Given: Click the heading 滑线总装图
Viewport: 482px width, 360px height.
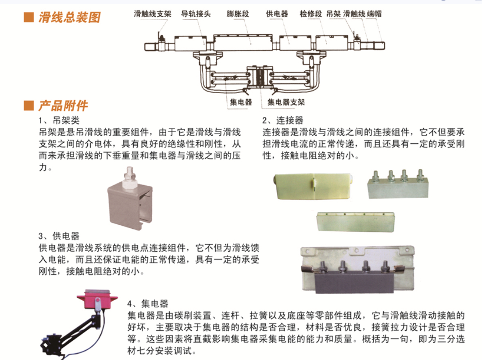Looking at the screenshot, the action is [69, 17].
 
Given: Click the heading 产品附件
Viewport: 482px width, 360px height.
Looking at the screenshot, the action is [63, 105].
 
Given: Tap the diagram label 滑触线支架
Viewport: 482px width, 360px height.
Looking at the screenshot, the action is [153, 14].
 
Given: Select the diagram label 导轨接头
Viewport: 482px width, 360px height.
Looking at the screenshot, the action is [196, 14].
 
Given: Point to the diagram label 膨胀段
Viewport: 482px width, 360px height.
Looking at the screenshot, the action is [238, 14].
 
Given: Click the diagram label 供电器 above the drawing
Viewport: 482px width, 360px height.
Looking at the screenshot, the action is [277, 14].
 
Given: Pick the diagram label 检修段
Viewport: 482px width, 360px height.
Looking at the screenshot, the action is [311, 14].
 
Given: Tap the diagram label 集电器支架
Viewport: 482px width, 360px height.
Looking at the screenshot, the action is [286, 102].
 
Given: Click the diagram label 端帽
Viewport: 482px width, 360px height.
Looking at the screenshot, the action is [374, 14].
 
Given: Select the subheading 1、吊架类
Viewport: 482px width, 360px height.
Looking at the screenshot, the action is [59, 120].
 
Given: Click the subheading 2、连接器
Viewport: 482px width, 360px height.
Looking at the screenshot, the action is [283, 120].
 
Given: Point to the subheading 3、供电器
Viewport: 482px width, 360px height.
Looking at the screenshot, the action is [59, 236].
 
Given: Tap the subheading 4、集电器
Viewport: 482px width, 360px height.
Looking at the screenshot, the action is [148, 304].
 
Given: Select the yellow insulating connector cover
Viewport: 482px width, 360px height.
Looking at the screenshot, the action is [313, 187].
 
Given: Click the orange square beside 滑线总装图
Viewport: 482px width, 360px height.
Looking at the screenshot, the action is [29, 17].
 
